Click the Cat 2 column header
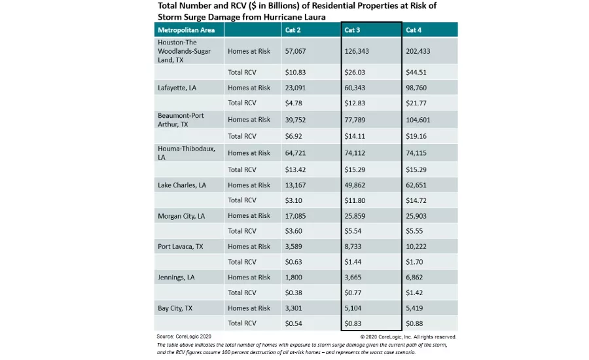click(293, 30)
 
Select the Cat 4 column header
click(414, 30)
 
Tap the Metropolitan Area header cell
click(185, 30)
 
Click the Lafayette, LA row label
click(177, 88)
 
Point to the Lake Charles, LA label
click(182, 185)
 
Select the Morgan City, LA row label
click(181, 216)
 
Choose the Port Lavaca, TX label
click(180, 247)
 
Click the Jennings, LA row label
click(176, 278)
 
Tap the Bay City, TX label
click(175, 308)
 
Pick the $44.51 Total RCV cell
click(416, 73)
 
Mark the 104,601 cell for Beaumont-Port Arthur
click(419, 120)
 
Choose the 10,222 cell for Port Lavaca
click(418, 247)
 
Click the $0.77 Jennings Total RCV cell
click(353, 293)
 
